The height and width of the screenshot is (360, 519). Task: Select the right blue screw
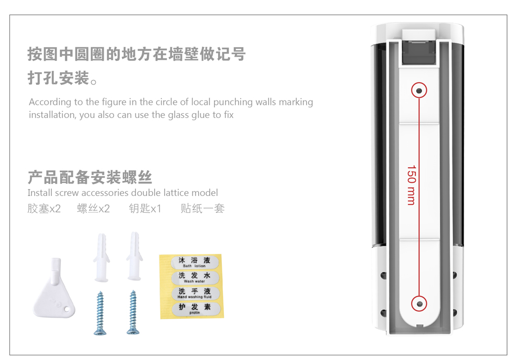click(132, 312)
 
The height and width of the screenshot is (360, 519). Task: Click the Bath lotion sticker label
click(194, 262)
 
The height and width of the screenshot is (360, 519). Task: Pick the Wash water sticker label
click(194, 277)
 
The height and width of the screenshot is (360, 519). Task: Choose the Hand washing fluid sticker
click(194, 293)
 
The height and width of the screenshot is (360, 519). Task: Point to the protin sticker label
click(194, 309)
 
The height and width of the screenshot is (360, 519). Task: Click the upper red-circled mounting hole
click(419, 91)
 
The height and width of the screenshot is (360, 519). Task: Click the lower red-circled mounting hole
click(419, 303)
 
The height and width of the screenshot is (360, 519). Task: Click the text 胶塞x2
click(44, 209)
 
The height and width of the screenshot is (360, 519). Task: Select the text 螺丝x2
click(93, 209)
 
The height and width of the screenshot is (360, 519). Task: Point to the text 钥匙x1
click(145, 209)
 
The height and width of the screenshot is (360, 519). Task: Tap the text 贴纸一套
click(202, 209)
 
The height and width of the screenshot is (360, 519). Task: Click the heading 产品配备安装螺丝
click(90, 177)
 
